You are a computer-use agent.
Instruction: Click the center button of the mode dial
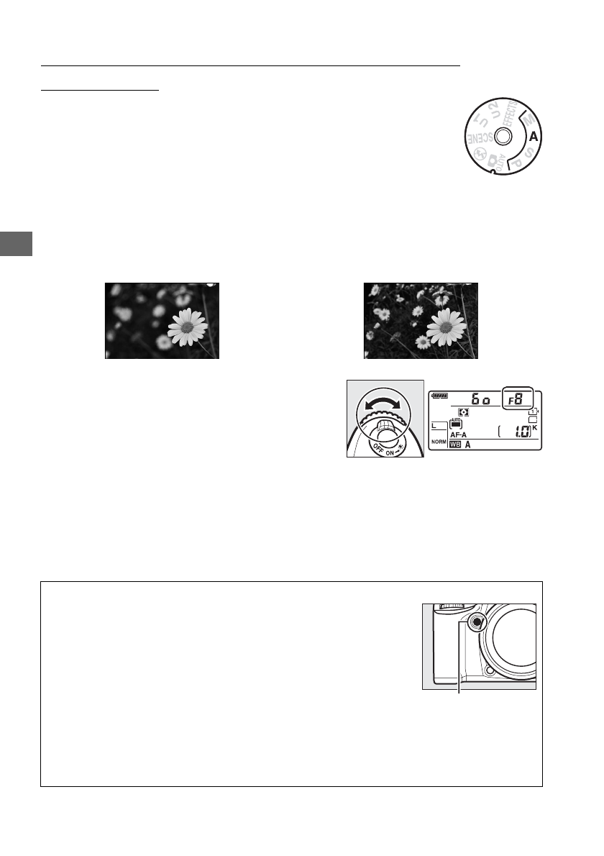503,136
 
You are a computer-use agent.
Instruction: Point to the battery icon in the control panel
439,395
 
